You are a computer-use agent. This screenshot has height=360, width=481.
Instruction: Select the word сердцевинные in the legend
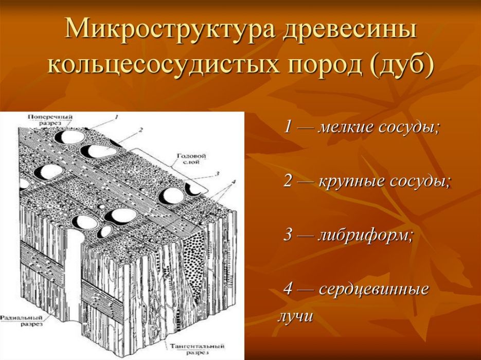pyautogui.click(x=374, y=289)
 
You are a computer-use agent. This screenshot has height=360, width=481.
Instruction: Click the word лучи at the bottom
pyautogui.click(x=295, y=316)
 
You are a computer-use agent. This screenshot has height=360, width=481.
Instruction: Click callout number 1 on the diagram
pyautogui.click(x=117, y=118)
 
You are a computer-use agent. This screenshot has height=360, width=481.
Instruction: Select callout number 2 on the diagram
pyautogui.click(x=140, y=129)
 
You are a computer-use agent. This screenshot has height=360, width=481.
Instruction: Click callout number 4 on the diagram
pyautogui.click(x=233, y=182)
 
